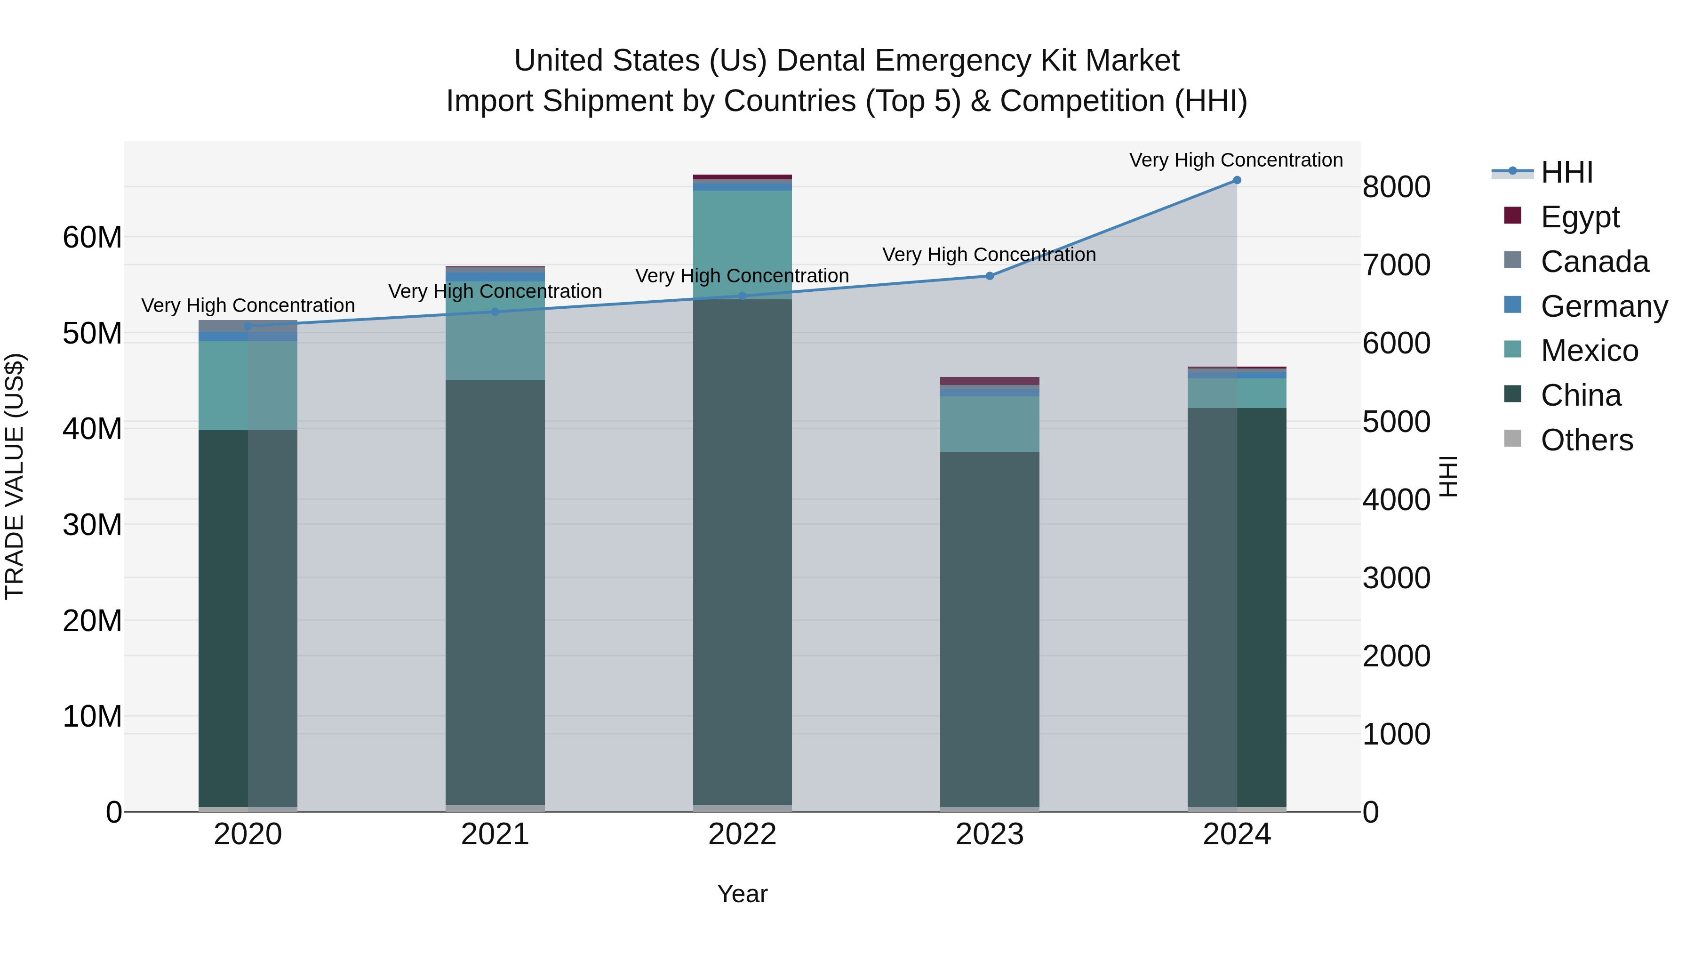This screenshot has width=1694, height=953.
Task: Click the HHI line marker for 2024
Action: click(x=1236, y=180)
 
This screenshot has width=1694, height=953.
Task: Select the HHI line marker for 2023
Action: click(x=989, y=276)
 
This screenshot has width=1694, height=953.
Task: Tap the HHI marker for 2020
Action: click(x=248, y=326)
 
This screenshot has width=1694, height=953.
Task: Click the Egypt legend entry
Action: click(x=1580, y=216)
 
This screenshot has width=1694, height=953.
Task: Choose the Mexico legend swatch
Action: click(x=1512, y=350)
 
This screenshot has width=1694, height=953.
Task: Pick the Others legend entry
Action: click(x=1586, y=440)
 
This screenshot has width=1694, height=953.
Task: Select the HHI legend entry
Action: click(x=1566, y=172)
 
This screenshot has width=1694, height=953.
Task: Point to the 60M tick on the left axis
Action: click(x=92, y=238)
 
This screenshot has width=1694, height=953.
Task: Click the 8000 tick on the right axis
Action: click(x=1396, y=187)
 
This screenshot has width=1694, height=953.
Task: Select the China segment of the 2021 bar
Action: click(x=495, y=592)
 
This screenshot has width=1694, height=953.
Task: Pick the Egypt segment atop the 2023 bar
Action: click(x=989, y=381)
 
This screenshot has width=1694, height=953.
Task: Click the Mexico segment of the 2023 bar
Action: click(x=989, y=424)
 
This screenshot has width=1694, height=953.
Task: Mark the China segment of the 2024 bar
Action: click(x=1236, y=605)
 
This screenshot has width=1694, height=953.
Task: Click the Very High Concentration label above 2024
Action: click(x=1236, y=160)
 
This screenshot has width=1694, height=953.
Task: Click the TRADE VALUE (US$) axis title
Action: click(x=15, y=476)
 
